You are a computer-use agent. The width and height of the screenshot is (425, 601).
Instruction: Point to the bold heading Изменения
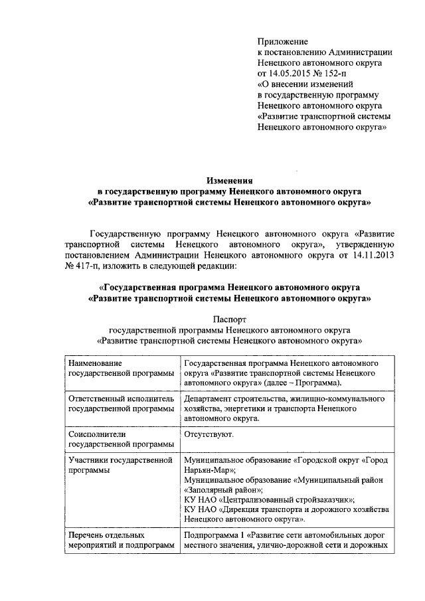click(229, 179)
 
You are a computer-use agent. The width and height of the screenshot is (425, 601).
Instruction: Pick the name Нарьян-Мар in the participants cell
click(205, 470)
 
